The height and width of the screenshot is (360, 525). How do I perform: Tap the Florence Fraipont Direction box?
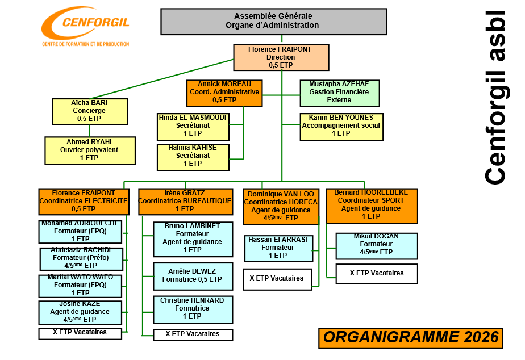pos(281,57)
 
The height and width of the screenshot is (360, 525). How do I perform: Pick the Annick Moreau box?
pos(224,92)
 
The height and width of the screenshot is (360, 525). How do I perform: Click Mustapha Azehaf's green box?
pos(339,92)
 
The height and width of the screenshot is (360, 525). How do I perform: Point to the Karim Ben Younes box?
pos(341,126)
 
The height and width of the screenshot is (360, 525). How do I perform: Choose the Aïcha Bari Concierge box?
pos(89,111)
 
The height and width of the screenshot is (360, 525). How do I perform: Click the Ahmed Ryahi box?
pos(90,150)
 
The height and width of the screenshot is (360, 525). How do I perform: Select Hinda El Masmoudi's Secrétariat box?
pos(193,126)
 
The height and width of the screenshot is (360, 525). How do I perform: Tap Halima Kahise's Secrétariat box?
pos(193,156)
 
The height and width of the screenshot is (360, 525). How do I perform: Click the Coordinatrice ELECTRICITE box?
pos(84,201)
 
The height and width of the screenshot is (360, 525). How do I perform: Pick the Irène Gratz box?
pos(185,201)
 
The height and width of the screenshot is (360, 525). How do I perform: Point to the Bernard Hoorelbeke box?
pos(371,205)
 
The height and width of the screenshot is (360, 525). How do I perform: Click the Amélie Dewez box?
pos(193,276)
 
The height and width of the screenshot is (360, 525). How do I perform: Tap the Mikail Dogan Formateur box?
pos(377,245)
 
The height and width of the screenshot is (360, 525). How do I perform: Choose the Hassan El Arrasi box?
pos(278,248)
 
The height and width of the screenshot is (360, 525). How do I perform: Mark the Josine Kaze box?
pos(80,312)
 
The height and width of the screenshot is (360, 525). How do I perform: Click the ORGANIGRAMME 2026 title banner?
pos(411,337)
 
